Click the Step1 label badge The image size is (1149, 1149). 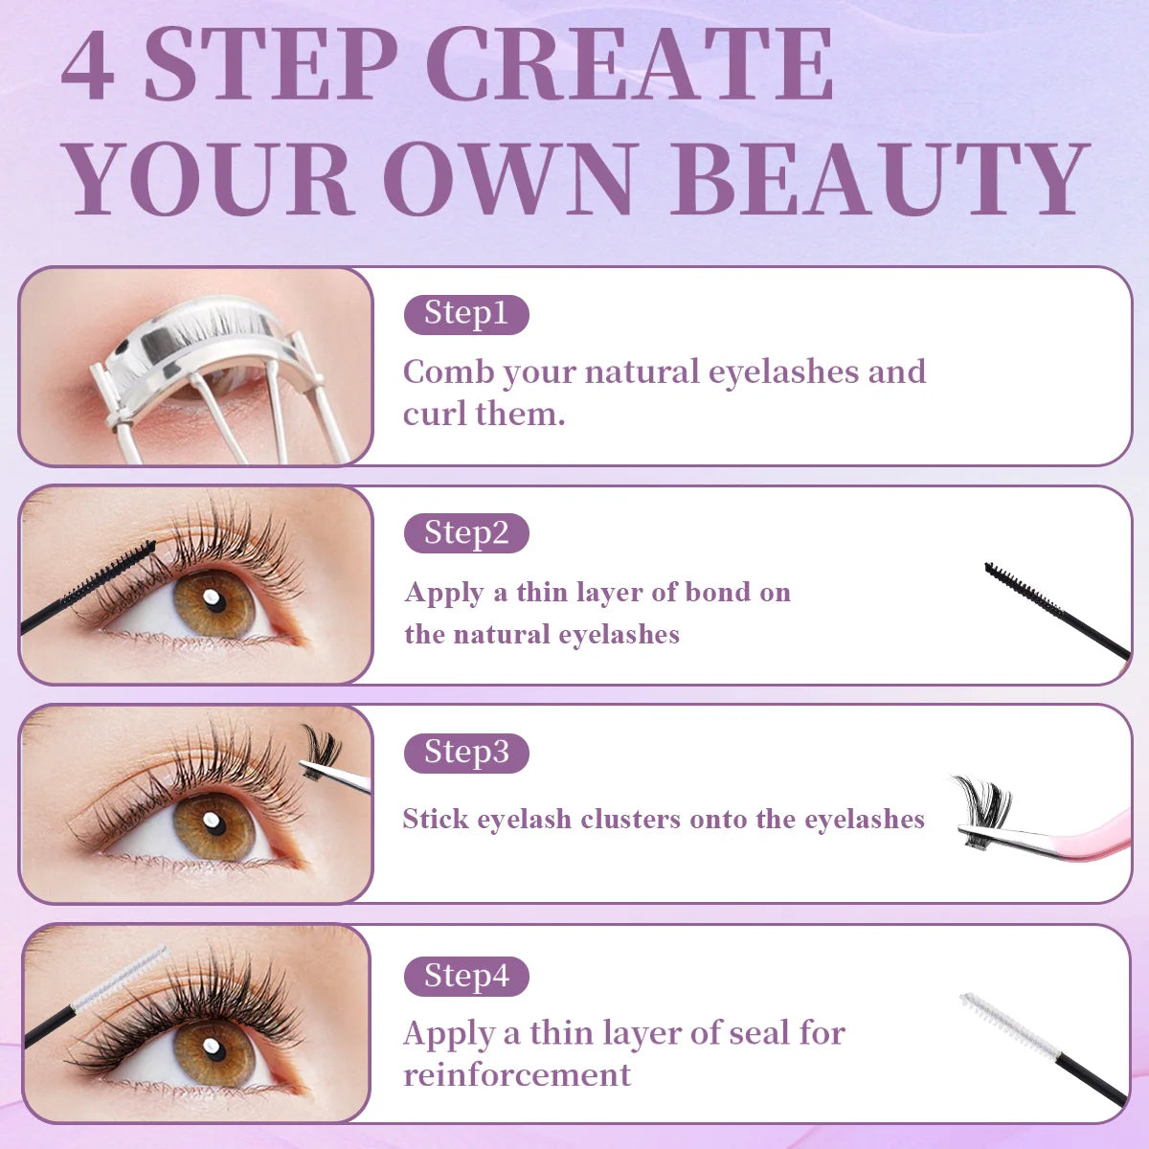pos(466,314)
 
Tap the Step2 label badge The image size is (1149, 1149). pos(466,533)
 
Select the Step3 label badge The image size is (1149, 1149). pos(466,753)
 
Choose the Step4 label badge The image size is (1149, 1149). pos(466,977)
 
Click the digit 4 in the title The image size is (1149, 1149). pos(88,67)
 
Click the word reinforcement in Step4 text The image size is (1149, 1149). pos(517,1074)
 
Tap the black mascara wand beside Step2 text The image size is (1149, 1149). pos(1053,610)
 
